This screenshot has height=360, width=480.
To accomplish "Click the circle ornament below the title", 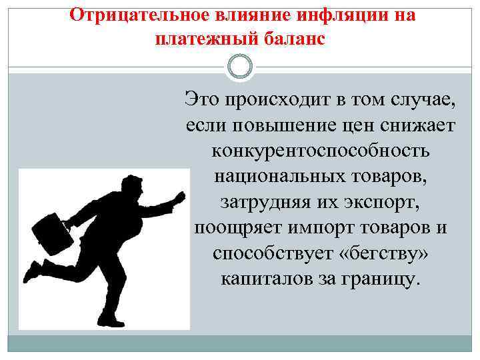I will click(240, 67).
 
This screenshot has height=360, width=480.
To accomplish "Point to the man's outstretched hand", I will click(179, 197).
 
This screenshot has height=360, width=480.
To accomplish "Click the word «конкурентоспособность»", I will click(321, 150).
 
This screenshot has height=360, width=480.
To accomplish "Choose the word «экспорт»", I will click(389, 201).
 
